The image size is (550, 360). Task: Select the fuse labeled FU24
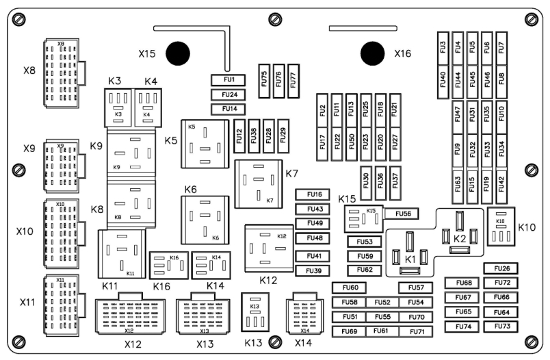click(x=229, y=95)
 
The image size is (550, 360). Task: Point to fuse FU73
click(x=501, y=326)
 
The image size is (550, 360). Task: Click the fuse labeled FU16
click(x=314, y=194)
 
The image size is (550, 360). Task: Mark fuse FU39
click(x=314, y=270)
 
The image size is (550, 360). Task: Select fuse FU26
click(x=501, y=268)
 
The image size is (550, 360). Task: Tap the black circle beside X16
click(x=373, y=53)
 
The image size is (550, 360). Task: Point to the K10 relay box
click(x=501, y=227)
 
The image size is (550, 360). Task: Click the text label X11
click(x=27, y=302)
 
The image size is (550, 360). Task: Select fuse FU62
click(x=365, y=270)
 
